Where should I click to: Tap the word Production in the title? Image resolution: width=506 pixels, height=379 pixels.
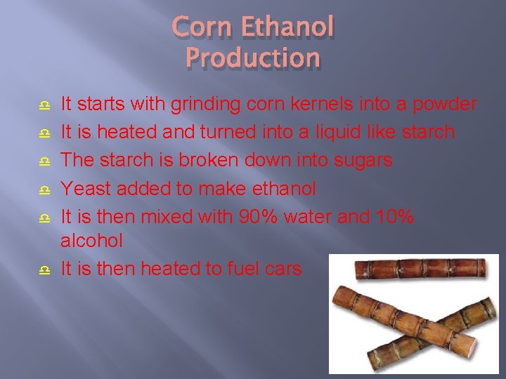253,58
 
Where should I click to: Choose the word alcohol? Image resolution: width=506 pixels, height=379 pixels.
91,241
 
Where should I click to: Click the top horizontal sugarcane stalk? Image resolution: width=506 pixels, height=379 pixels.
420,269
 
